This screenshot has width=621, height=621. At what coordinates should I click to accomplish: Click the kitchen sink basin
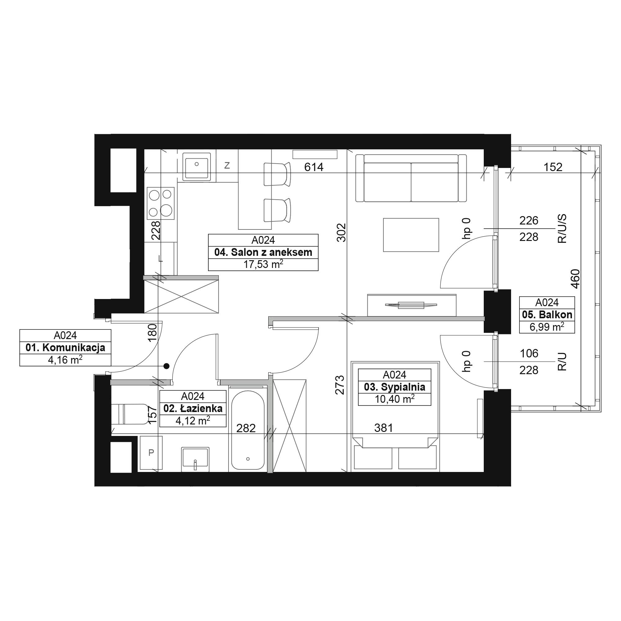pyautogui.click(x=197, y=166)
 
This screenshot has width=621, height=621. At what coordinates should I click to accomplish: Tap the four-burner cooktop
pyautogui.click(x=161, y=203)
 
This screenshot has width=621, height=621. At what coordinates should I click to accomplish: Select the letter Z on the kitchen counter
pyautogui.click(x=227, y=165)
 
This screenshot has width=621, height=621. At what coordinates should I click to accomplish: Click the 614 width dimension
pyautogui.click(x=314, y=167)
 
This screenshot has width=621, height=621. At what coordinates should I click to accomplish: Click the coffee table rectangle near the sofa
pyautogui.click(x=411, y=235)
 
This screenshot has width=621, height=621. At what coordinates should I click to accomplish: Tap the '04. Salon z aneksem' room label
pyautogui.click(x=263, y=252)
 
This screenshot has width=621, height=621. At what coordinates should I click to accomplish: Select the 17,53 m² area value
pyautogui.click(x=263, y=264)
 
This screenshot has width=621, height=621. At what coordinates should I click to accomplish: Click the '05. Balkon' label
pyautogui.click(x=547, y=315)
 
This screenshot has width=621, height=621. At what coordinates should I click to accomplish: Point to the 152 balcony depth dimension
pyautogui.click(x=553, y=167)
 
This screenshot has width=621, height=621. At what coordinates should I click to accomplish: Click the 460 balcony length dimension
pyautogui.click(x=576, y=279)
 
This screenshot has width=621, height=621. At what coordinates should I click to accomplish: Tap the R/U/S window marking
pyautogui.click(x=562, y=229)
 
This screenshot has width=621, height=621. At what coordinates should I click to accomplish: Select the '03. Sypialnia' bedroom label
pyautogui.click(x=394, y=387)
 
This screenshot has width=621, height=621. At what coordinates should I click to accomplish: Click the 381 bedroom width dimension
pyautogui.click(x=383, y=428)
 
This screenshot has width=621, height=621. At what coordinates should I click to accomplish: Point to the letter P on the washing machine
pyautogui.click(x=151, y=453)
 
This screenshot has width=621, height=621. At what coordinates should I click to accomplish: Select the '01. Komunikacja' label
pyautogui.click(x=65, y=348)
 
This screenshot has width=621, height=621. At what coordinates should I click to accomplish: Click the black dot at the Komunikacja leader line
pyautogui.click(x=166, y=366)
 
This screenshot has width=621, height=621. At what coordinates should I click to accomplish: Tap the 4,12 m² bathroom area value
pyautogui.click(x=193, y=420)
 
